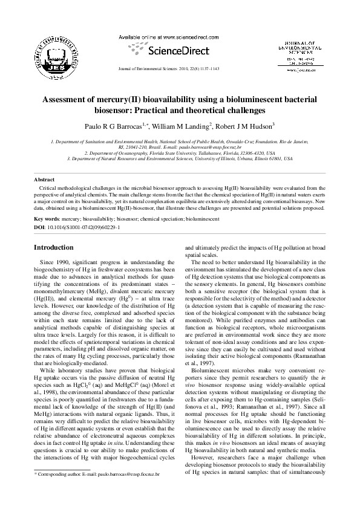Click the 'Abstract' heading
coord(44,180)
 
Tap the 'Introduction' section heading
coord(54,247)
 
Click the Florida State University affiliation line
coord(180,153)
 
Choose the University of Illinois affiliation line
coord(180,158)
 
